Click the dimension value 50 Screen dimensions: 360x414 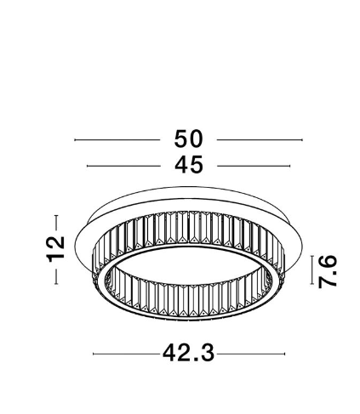(x=189, y=139)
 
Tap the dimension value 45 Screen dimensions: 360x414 (x=189, y=165)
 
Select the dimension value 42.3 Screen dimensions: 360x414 (x=189, y=353)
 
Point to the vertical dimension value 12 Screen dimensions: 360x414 (x=56, y=249)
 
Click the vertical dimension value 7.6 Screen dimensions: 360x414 (x=328, y=271)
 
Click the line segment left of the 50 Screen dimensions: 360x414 (x=117, y=139)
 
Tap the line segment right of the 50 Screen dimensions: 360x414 (x=260, y=139)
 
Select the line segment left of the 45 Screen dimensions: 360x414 (x=123, y=166)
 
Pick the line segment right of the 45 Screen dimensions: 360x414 (x=254, y=166)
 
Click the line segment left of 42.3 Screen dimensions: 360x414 (x=127, y=354)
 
